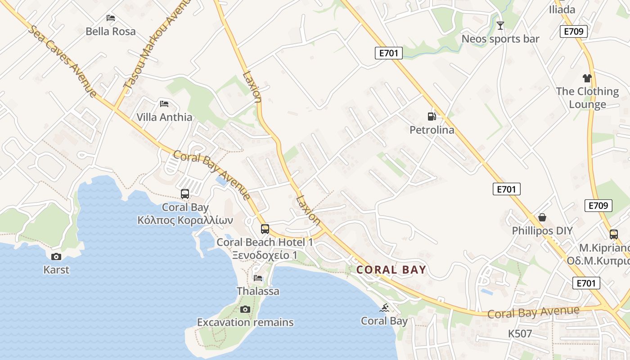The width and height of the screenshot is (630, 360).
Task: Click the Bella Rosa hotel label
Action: (x=110, y=31)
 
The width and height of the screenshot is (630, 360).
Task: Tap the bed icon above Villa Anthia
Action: (x=164, y=104)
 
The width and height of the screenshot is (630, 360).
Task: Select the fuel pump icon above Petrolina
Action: (x=432, y=117)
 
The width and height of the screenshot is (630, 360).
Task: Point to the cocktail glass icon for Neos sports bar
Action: (x=500, y=26)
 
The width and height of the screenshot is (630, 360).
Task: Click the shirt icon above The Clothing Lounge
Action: (x=587, y=78)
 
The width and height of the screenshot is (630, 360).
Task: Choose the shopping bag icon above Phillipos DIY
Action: (x=542, y=218)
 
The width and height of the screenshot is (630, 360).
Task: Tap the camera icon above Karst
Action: (x=56, y=256)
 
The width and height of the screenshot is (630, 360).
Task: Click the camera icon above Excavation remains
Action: (x=245, y=309)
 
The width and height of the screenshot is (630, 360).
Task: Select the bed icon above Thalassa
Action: (x=258, y=278)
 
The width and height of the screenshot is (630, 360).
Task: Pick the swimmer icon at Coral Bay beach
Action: (x=384, y=308)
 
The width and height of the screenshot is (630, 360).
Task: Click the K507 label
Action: (x=520, y=334)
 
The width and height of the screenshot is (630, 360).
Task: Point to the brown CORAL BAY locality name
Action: (x=391, y=270)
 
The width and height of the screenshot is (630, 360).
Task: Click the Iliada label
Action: (x=562, y=9)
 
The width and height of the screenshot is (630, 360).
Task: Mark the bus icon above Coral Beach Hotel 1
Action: (x=265, y=229)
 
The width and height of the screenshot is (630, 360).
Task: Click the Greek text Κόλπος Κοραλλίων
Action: (x=185, y=220)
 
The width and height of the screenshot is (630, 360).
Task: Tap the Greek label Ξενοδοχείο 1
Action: (x=265, y=255)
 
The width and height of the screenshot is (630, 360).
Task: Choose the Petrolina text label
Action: (x=432, y=130)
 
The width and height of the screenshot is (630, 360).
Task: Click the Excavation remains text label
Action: (x=245, y=322)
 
